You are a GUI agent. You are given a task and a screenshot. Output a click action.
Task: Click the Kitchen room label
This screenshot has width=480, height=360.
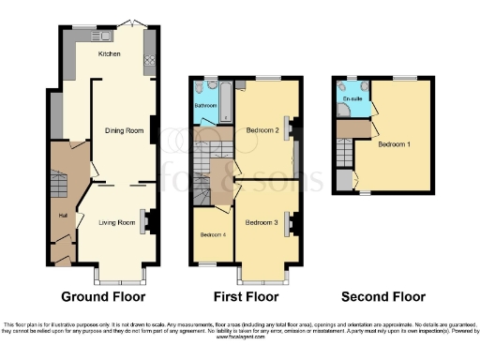[x=111, y=55]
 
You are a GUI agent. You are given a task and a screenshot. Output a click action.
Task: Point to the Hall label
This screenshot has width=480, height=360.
[x=62, y=216]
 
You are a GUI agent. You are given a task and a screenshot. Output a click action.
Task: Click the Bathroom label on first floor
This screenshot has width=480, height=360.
[x=205, y=106]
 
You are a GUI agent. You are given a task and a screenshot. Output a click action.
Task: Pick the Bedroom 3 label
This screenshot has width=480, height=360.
[x=262, y=222]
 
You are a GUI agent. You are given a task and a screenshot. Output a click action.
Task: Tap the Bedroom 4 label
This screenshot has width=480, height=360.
[x=212, y=234]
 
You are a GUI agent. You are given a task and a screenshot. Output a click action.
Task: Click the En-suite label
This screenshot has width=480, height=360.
[x=352, y=97]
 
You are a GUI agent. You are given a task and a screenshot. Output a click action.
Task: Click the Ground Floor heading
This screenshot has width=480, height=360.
[x=103, y=297]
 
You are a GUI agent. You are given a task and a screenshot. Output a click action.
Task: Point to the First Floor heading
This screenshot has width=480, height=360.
[x=246, y=297]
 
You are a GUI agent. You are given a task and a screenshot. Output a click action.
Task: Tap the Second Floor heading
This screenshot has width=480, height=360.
[x=382, y=297]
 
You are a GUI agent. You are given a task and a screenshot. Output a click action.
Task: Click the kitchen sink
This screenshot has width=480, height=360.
[x=100, y=36]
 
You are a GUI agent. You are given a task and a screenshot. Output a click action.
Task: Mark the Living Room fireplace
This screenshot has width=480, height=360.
[x=147, y=218]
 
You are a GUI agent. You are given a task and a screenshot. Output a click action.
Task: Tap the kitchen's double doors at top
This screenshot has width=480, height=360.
[x=137, y=22]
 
